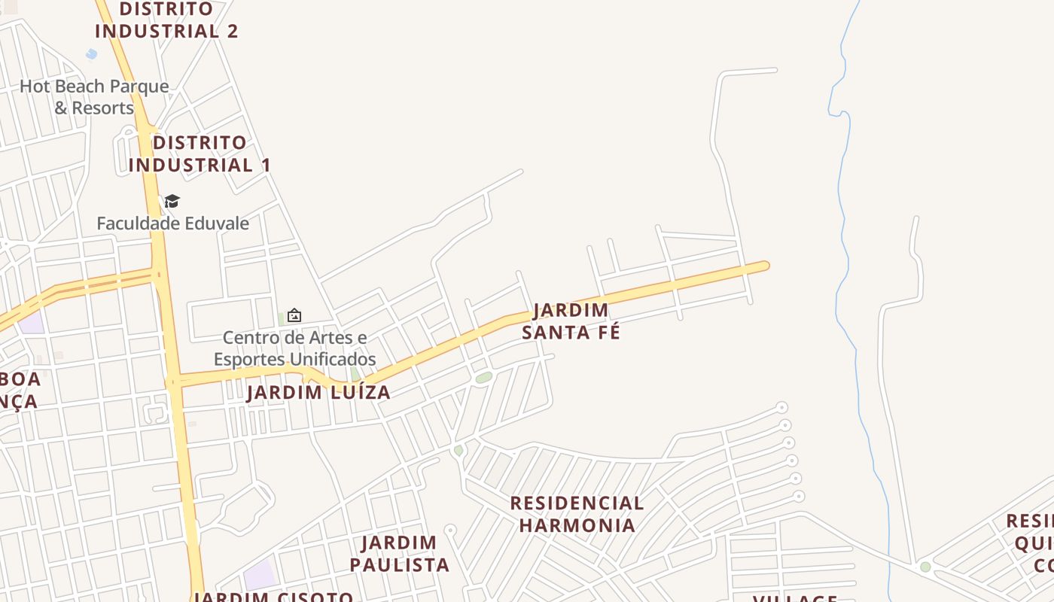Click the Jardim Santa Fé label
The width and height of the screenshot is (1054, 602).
(x=571, y=321)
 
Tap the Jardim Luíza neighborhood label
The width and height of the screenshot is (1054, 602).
(x=318, y=392)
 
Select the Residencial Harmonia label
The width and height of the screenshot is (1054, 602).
(x=577, y=514)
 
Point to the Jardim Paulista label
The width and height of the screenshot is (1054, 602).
(x=399, y=554)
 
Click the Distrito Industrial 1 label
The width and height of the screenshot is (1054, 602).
(x=199, y=154)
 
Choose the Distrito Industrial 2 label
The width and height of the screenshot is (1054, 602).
(x=166, y=20)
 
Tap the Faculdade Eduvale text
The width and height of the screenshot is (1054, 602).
(x=172, y=223)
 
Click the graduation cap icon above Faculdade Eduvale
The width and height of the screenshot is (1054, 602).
(x=172, y=201)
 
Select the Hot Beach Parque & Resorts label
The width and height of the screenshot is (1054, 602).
(x=94, y=97)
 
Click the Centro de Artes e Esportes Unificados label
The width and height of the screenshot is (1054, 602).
(x=294, y=348)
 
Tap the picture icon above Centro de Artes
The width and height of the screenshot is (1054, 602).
(x=294, y=315)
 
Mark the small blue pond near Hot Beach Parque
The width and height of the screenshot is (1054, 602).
(x=92, y=54)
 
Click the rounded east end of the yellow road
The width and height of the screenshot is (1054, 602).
(x=763, y=266)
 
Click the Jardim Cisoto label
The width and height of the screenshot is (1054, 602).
(x=273, y=597)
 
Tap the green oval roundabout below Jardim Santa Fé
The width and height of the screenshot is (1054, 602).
(x=483, y=377)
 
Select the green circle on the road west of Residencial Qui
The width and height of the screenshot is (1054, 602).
(x=925, y=567)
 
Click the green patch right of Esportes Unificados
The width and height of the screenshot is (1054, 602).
(x=355, y=374)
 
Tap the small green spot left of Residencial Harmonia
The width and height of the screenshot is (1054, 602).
(x=458, y=450)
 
